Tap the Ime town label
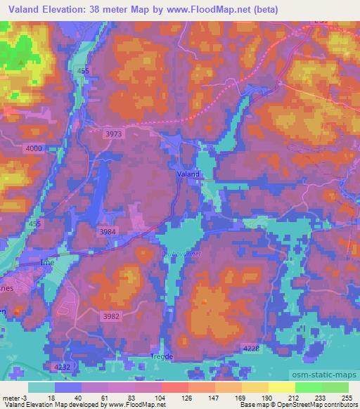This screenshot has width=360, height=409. [x=46, y=261]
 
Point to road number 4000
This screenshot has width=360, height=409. [x=33, y=148]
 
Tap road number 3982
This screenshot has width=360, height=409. [x=112, y=316]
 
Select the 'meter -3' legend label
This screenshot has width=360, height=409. [x=13, y=397]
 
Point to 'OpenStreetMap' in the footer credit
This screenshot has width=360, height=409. [x=309, y=405]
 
